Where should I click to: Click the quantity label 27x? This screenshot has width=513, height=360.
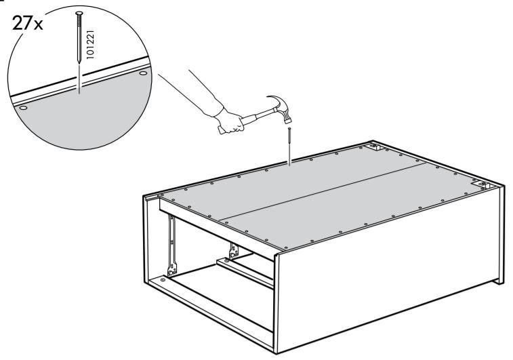pyautogui.click(x=27, y=23)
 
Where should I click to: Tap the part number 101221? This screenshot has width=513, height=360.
pyautogui.click(x=90, y=44)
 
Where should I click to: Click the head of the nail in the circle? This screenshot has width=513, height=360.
pyautogui.click(x=79, y=14)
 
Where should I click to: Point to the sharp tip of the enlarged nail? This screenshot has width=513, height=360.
pyautogui.click(x=79, y=62)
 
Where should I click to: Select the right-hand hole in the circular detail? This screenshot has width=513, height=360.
pyautogui.click(x=143, y=73)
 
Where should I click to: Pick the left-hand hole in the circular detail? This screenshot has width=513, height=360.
pyautogui.click(x=23, y=108)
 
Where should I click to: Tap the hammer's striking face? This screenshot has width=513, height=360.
pyautogui.click(x=287, y=121)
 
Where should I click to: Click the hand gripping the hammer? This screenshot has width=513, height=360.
pyautogui.click(x=230, y=121)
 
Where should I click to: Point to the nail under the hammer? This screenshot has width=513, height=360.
pyautogui.click(x=289, y=146)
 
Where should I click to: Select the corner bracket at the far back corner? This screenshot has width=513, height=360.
pyautogui.click(x=375, y=146)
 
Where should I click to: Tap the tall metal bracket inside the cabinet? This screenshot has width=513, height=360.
pyautogui.click(x=171, y=245)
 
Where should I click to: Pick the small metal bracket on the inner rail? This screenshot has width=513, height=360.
pyautogui.click(x=234, y=250)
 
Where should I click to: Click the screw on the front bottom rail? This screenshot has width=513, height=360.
pyautogui.click(x=163, y=281)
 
